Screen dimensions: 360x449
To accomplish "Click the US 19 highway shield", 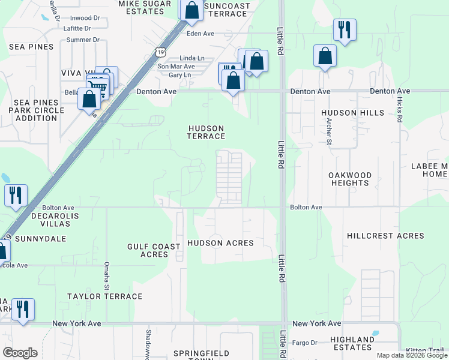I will click(160, 52).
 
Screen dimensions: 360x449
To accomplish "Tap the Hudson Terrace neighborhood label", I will click(206, 133).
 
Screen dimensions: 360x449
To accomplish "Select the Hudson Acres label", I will click(220, 243).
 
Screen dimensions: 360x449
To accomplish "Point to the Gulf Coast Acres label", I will click(154, 250).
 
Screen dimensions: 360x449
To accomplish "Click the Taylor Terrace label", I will click(105, 296).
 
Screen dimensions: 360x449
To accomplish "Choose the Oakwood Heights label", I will click(350, 179).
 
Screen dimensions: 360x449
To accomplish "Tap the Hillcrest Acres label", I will click(385, 236).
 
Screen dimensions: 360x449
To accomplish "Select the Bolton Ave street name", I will click(306, 207).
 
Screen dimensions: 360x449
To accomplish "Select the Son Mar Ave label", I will click(176, 66).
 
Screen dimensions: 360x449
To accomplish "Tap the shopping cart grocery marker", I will click(100, 86).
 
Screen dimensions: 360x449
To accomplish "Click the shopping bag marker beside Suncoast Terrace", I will click(191, 11).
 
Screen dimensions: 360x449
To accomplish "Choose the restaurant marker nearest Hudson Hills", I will click(345, 29).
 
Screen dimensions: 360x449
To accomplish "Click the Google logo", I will click(20, 353).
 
